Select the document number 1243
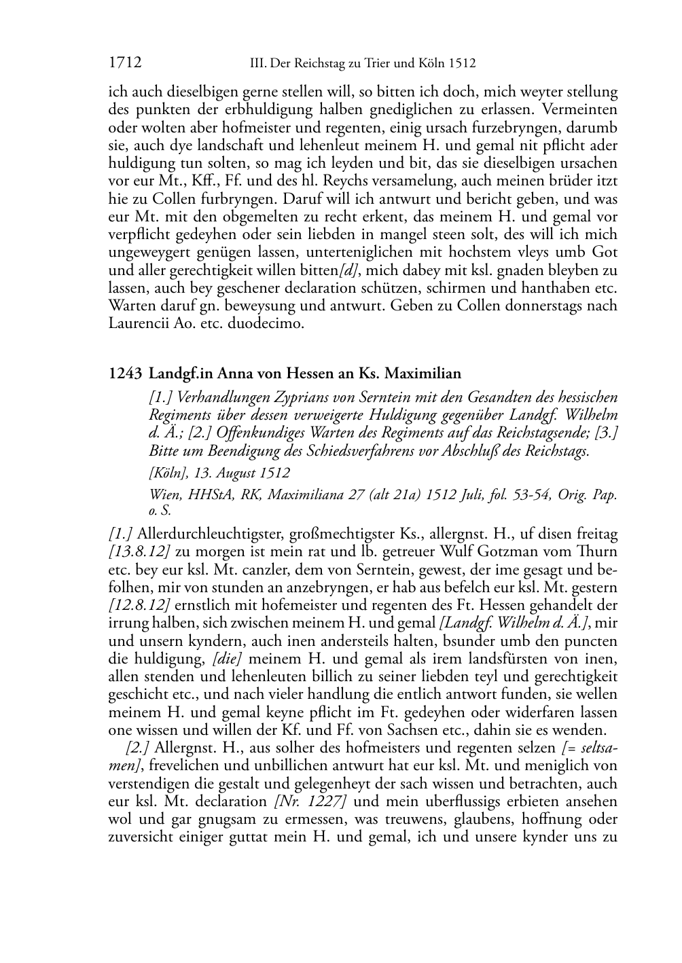[x=125, y=373]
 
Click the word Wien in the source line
[x=164, y=495]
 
